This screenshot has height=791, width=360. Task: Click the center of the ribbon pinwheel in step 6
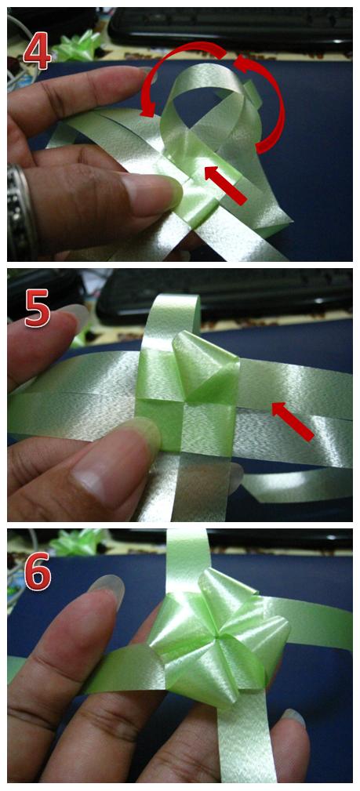pyautogui.click(x=217, y=637)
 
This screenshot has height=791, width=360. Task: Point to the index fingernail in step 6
pyautogui.click(x=107, y=589)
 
